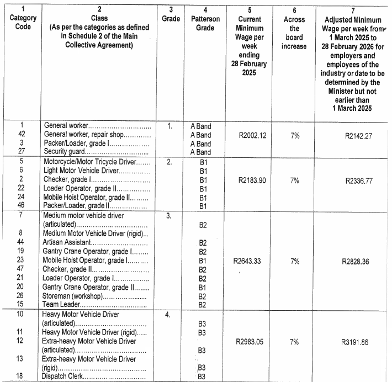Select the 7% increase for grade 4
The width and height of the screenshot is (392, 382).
click(x=294, y=342)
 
